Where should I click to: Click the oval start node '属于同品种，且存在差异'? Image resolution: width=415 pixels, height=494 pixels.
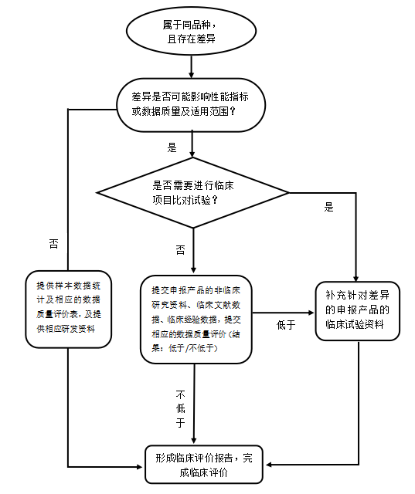(191, 31)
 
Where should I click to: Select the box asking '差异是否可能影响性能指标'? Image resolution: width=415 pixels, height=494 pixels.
(191, 105)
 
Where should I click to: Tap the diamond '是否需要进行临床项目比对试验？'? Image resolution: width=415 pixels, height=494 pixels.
(192, 192)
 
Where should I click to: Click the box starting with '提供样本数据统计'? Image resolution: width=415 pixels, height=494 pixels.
(69, 309)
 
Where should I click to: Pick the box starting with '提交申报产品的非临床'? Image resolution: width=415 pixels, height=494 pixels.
(196, 319)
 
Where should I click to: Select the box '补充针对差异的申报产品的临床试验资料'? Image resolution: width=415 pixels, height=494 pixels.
(358, 310)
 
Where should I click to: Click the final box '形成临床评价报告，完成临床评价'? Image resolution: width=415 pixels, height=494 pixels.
(204, 464)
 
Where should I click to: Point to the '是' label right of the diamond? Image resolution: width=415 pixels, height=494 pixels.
(328, 207)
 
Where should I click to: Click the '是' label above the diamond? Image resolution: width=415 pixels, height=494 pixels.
(172, 147)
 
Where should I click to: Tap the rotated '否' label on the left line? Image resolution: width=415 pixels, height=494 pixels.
(54, 244)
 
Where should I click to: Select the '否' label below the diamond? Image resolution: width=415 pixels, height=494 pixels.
(180, 250)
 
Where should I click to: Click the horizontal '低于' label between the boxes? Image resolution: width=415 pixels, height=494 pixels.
(286, 325)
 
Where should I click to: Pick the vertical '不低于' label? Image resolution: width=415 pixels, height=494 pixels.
(180, 408)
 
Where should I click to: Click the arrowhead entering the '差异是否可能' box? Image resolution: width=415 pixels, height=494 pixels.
(191, 75)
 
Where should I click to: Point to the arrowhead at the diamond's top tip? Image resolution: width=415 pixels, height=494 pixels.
(192, 154)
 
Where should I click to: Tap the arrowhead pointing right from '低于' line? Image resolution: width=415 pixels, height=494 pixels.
(311, 313)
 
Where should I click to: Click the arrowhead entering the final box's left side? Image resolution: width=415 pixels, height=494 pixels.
(139, 466)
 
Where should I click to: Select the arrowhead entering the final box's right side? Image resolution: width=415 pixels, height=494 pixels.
(269, 465)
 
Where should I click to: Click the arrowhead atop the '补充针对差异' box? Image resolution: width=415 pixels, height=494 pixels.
(355, 279)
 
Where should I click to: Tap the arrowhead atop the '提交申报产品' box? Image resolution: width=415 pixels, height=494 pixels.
(194, 269)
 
